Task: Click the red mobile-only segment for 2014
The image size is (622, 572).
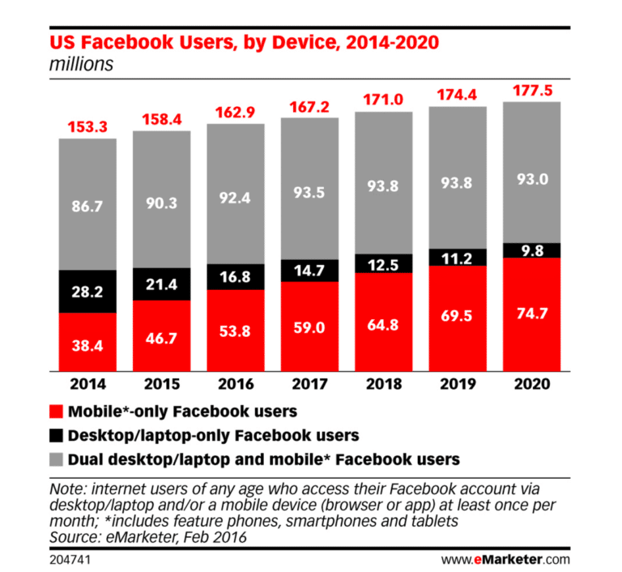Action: [87, 340]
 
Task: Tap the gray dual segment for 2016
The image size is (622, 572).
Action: [236, 194]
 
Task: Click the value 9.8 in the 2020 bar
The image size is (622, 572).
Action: [531, 250]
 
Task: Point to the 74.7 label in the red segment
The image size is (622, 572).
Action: [531, 316]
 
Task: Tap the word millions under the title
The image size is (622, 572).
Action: [81, 65]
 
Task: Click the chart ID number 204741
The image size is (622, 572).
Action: [70, 558]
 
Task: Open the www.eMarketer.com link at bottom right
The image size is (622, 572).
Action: [505, 558]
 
